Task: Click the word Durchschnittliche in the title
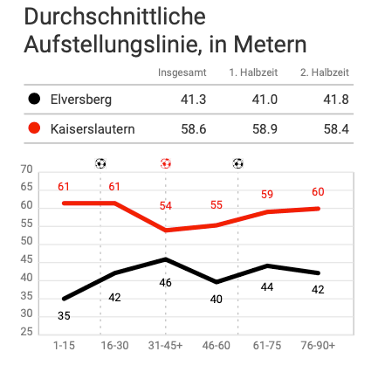[115, 17]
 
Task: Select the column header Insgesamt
[182, 72]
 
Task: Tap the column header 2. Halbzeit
[325, 72]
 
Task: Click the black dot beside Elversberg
[34, 99]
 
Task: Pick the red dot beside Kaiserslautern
[34, 128]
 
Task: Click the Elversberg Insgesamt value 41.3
[193, 100]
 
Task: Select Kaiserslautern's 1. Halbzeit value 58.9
[265, 129]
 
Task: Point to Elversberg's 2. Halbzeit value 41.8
[336, 100]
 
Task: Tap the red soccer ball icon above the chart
[166, 163]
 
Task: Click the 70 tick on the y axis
[26, 169]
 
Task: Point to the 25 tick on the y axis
[26, 332]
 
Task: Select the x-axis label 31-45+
[165, 346]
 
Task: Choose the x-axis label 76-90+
[318, 346]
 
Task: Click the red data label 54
[166, 206]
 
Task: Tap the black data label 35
[64, 316]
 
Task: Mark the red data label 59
[267, 194]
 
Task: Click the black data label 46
[165, 283]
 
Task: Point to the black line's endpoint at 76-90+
[318, 273]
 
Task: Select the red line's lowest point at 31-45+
[166, 231]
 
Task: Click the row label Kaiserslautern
[93, 129]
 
